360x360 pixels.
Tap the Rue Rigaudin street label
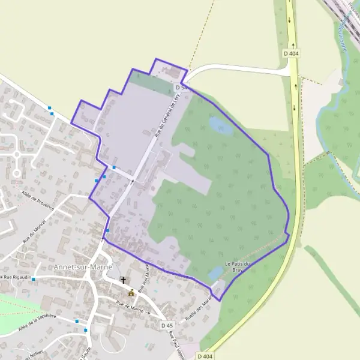pyautogui.click(x=16, y=278)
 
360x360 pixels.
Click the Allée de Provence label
pyautogui.click(x=37, y=201)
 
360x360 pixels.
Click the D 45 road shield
pyautogui.click(x=167, y=325)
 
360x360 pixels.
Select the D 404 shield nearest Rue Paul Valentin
pyautogui.click(x=205, y=356)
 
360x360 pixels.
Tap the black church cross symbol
pyautogui.click(x=124, y=280)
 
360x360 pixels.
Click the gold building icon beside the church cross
pyautogui.click(x=131, y=293)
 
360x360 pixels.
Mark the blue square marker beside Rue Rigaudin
pyautogui.click(x=34, y=279)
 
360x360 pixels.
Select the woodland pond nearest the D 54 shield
pyautogui.click(x=219, y=125)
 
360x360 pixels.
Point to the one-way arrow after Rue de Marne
pyautogui.click(x=148, y=313)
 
